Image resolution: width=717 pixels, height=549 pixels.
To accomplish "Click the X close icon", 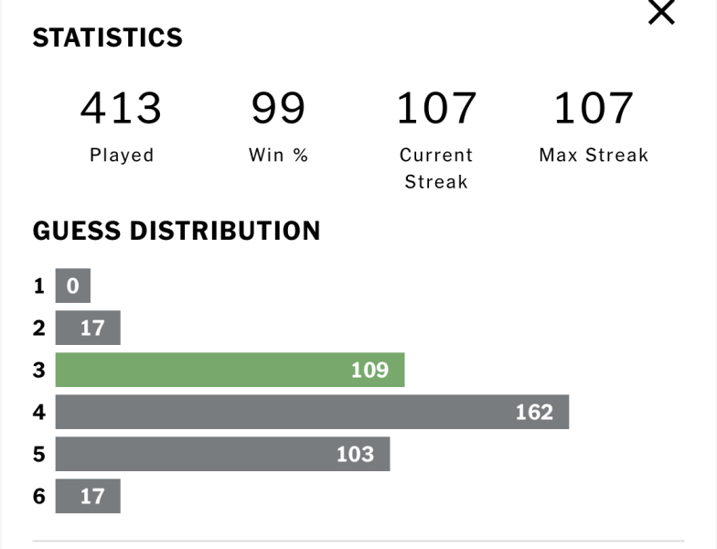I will point(660,13).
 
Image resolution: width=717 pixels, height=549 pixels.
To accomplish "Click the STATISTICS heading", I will point(108,38).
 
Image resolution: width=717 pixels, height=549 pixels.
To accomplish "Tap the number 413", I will point(121,108).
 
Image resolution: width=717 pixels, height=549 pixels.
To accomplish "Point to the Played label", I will point(122,156).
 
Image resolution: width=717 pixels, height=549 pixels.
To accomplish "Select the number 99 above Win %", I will point(278,108).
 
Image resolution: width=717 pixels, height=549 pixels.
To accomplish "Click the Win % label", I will point(278,156).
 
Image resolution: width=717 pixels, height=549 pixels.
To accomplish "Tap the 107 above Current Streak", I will point(436,108).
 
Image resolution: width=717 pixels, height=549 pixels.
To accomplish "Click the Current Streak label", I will point(436,168).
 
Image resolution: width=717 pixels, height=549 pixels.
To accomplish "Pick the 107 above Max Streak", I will point(594,108).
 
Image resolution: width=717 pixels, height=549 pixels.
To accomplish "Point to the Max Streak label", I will point(594,156).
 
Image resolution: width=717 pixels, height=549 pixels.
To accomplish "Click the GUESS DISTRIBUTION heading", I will point(177,231).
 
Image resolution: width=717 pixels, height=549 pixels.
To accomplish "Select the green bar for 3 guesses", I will point(230,370).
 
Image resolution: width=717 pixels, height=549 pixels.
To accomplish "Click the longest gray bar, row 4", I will point(312,412).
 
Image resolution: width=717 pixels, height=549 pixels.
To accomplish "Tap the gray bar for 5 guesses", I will point(222,454).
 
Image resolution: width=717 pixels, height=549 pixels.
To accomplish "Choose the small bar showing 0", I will point(73,285).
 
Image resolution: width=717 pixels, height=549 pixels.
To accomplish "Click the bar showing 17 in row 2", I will point(88,328).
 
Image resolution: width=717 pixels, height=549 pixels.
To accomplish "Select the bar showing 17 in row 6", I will point(88,496).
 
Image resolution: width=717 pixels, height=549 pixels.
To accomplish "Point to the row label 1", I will point(39,285).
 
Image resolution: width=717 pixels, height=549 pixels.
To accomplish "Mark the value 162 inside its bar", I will point(534,412).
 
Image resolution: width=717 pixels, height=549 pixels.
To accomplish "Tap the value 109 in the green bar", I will point(369,370).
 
